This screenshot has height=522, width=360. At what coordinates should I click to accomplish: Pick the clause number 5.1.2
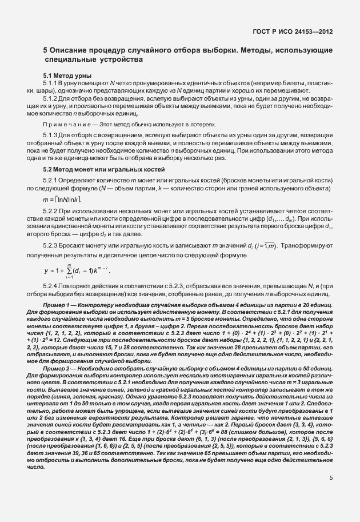coord(51,98)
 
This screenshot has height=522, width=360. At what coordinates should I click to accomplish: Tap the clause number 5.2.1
coord(51,180)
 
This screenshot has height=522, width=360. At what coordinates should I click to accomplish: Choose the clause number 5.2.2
coord(51,212)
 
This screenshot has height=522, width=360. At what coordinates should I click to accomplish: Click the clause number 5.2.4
coord(51,269)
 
